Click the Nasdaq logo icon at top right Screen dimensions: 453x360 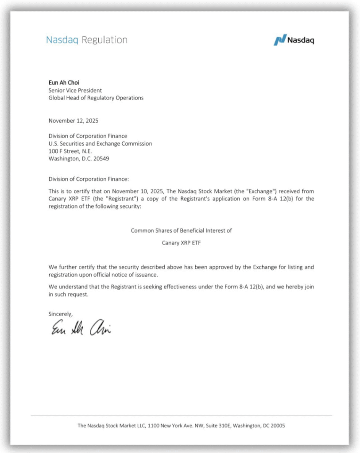(280, 40)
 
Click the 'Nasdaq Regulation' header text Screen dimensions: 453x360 (86, 40)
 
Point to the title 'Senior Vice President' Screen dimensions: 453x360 (75, 90)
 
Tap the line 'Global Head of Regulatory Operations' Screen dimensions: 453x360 (96, 98)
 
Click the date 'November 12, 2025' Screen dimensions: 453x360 (74, 121)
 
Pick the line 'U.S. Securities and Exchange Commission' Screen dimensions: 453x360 (100, 144)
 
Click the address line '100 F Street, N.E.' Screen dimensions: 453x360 (70, 151)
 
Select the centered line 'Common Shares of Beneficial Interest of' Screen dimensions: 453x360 (181, 230)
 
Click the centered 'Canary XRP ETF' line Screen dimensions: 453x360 (181, 243)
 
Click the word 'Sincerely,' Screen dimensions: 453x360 (60, 314)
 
